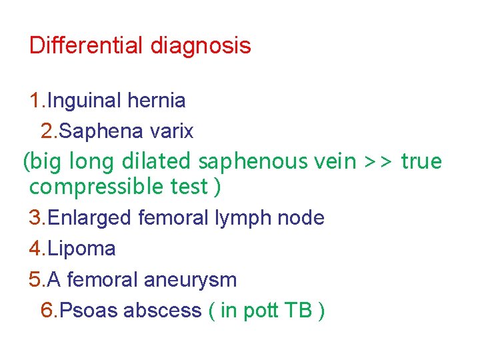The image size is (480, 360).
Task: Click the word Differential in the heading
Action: (87, 46)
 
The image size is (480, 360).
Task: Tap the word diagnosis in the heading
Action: (201, 47)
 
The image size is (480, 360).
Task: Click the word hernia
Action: (157, 101)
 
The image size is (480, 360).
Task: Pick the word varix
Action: (171, 131)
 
